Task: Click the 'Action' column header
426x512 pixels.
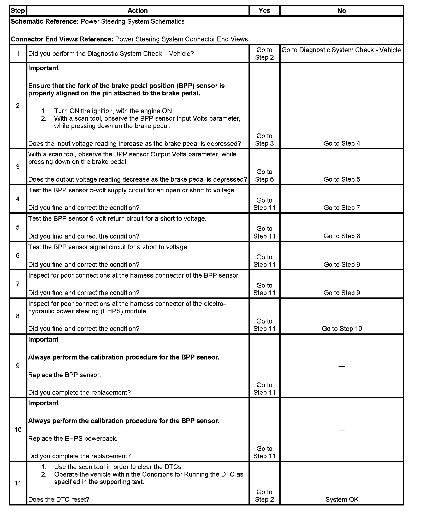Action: tap(138, 11)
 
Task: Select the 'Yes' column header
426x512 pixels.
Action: tap(264, 11)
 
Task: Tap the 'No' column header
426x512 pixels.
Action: tap(342, 11)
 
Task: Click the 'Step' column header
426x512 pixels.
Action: tap(18, 11)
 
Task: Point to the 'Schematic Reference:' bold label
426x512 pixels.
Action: tap(44, 21)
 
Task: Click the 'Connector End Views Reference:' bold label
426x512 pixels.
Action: tap(62, 39)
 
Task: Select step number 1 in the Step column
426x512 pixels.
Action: tap(18, 54)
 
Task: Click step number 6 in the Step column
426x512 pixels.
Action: tap(18, 255)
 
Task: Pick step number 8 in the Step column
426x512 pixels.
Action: tap(18, 316)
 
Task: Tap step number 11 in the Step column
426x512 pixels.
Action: tap(18, 483)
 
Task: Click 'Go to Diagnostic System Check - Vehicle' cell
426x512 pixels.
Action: tap(341, 50)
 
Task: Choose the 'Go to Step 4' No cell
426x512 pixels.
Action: tap(342, 143)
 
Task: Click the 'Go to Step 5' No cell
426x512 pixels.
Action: tap(342, 179)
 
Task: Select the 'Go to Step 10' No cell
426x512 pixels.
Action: tap(342, 328)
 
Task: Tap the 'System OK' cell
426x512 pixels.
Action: tap(342, 499)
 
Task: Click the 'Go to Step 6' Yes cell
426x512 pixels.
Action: tap(264, 175)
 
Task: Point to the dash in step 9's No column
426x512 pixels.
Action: tap(342, 366)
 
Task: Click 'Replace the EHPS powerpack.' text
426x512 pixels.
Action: tap(73, 438)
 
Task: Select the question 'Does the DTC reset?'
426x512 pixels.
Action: tap(59, 499)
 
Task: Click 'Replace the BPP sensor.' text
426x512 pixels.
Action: tap(64, 375)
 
